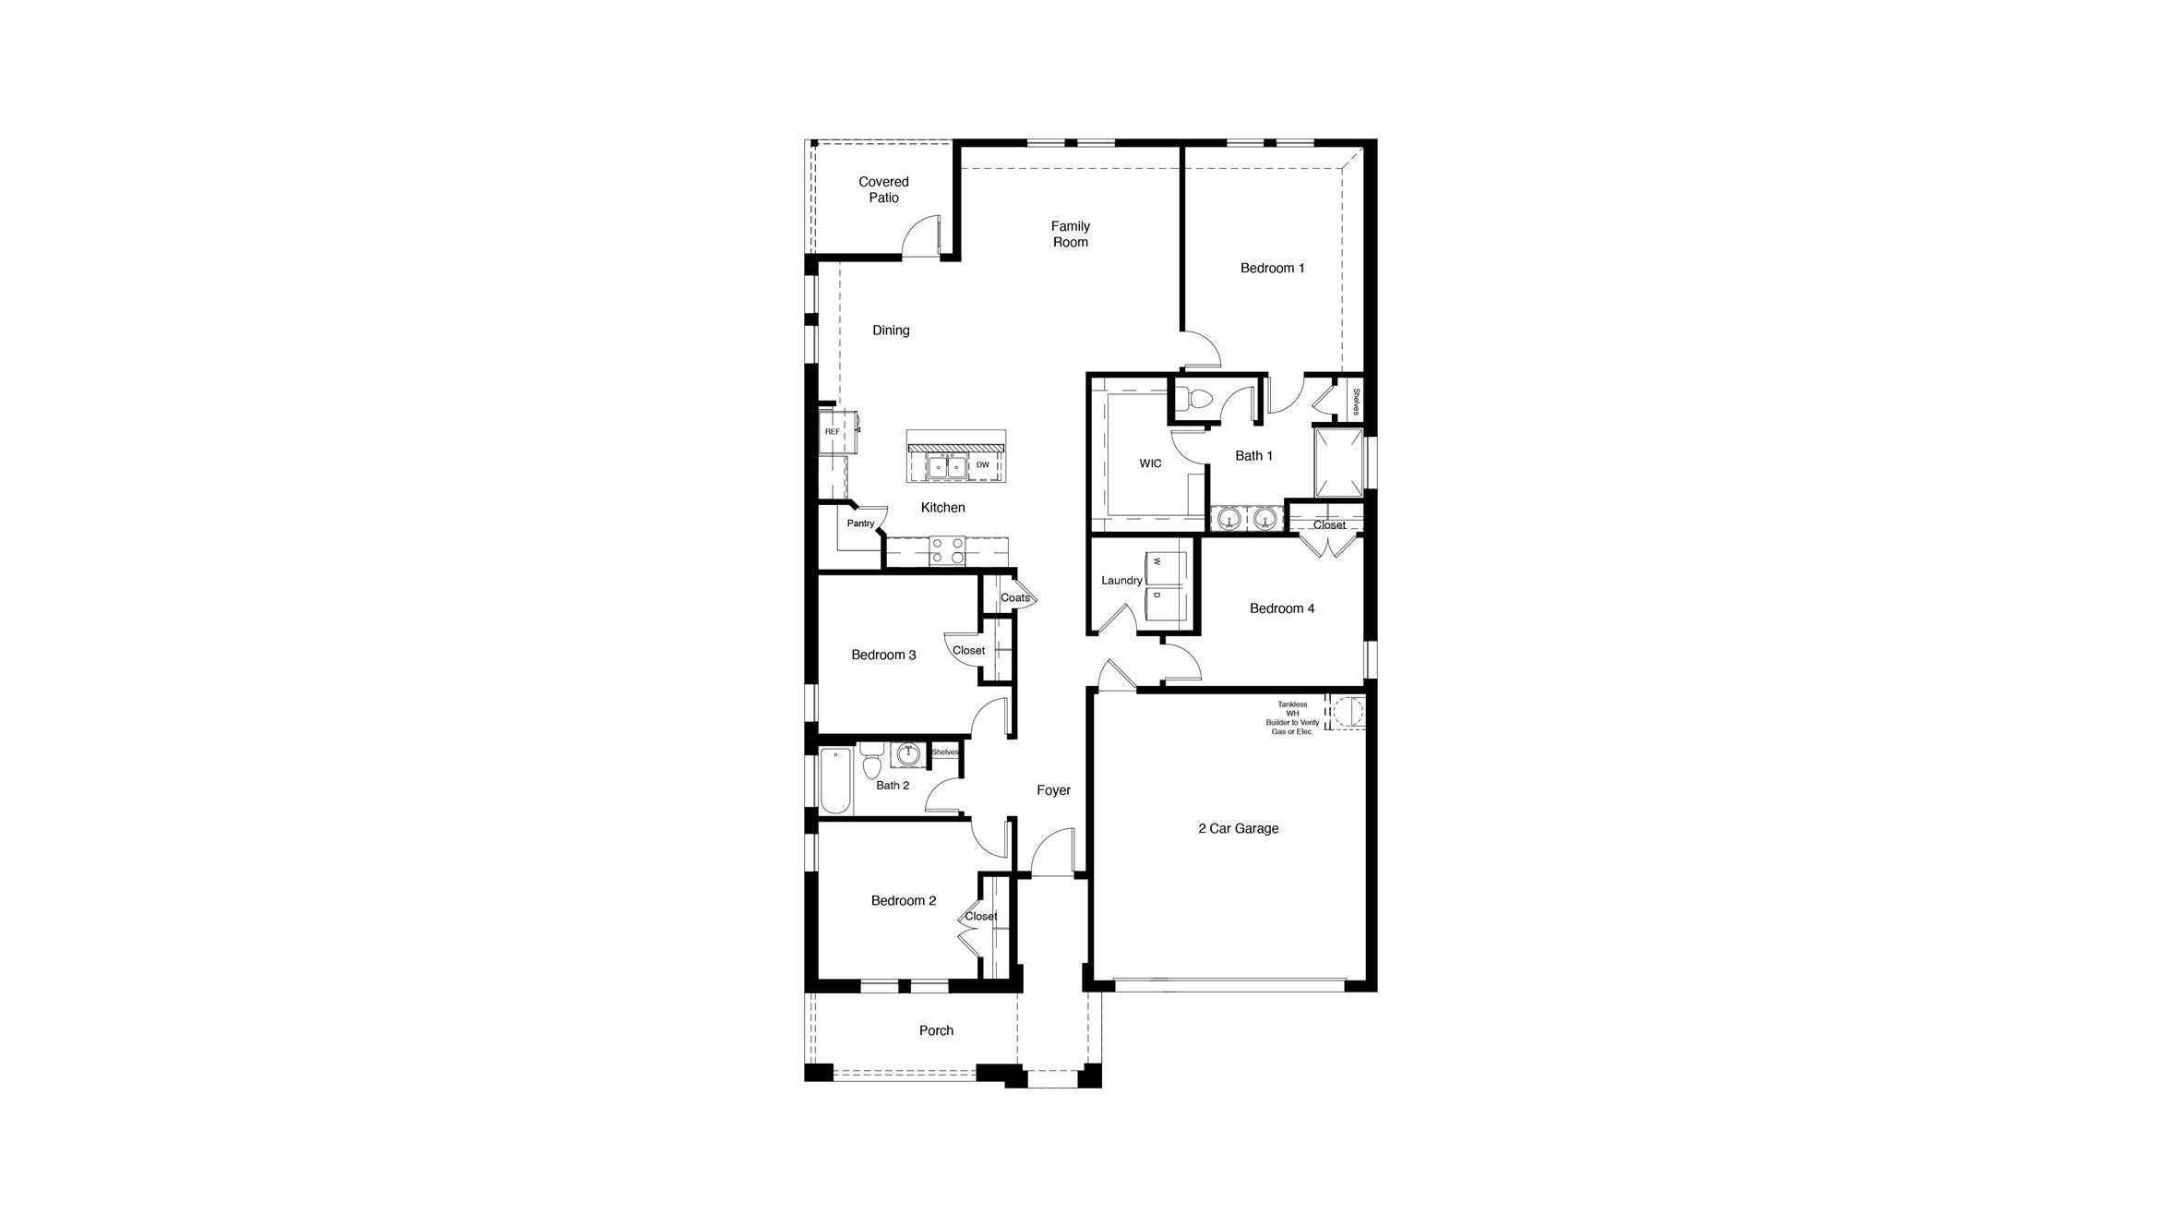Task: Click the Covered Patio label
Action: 883,189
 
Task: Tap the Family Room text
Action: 1070,234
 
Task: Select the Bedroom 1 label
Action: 1272,268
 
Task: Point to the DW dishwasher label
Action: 983,465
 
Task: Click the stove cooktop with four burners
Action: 946,550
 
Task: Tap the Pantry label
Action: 860,523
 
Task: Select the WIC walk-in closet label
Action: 1150,463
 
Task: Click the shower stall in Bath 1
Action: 1338,462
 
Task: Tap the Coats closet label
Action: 1014,597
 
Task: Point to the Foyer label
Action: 1053,790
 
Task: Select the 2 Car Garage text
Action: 1238,828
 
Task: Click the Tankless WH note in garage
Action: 1292,717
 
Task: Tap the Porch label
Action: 936,1030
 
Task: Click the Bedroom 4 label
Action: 1281,608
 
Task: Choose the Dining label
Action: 891,330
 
